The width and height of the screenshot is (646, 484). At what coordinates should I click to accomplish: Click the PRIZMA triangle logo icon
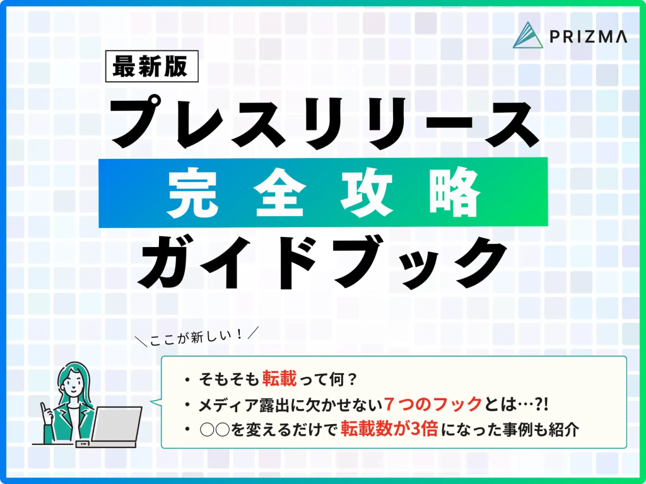(x=528, y=35)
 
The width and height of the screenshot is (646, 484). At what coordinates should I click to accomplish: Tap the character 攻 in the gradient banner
(x=367, y=193)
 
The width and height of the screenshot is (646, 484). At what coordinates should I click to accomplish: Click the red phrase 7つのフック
(x=433, y=405)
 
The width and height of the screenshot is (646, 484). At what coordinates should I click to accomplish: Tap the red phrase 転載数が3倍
(x=389, y=430)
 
